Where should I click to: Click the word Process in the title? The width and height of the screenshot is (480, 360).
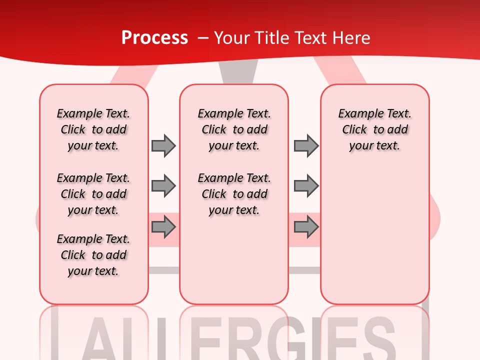point(154,38)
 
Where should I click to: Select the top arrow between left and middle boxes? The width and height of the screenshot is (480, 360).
point(163,145)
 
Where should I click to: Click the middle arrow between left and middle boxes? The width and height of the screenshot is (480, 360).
point(163,186)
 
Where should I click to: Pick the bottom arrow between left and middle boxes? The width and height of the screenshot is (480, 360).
point(163,227)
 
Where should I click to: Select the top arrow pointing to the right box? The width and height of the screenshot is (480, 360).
point(306,145)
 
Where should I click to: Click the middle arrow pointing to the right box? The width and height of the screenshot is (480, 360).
point(306,186)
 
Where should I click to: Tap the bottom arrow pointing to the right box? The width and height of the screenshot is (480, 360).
point(306,227)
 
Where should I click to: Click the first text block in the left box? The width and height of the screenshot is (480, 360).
point(93,129)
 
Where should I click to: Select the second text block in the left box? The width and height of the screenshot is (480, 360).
point(93,194)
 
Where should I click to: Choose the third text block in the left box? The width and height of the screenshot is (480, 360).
point(93,255)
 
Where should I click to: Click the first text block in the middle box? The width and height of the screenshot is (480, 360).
point(234,129)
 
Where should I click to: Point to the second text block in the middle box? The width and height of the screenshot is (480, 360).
point(234,194)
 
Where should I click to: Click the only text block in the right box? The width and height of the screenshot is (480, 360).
point(374,129)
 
